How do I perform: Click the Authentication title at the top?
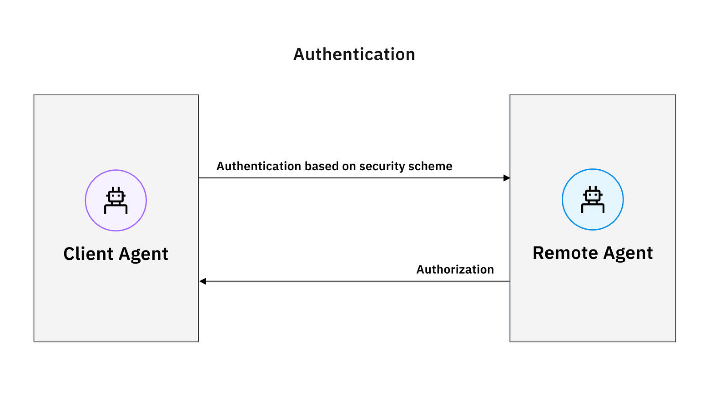[x=354, y=54]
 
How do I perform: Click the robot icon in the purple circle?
[x=116, y=200]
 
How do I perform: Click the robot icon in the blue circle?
[x=592, y=199]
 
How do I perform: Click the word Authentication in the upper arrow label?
[x=259, y=166]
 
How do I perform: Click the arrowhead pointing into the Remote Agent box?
[x=506, y=178]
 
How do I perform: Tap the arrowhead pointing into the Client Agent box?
[x=203, y=281]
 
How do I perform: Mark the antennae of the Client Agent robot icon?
[x=116, y=189]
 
